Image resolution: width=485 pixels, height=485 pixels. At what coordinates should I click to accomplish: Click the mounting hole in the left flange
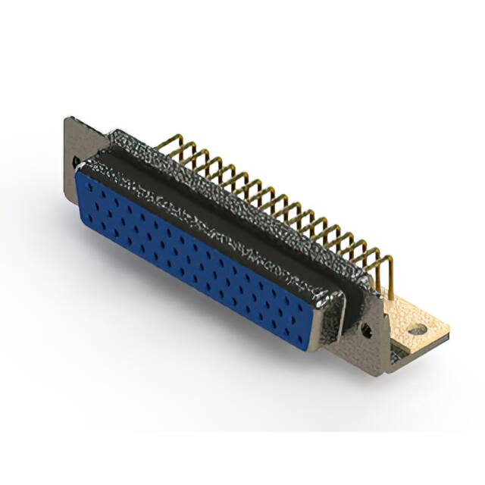[76, 161]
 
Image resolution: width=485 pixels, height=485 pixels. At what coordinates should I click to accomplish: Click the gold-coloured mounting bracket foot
[413, 318]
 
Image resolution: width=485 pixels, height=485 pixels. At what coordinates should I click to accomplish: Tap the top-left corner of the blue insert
[79, 173]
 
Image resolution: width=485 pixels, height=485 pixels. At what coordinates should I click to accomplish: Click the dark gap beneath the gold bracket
[409, 350]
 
